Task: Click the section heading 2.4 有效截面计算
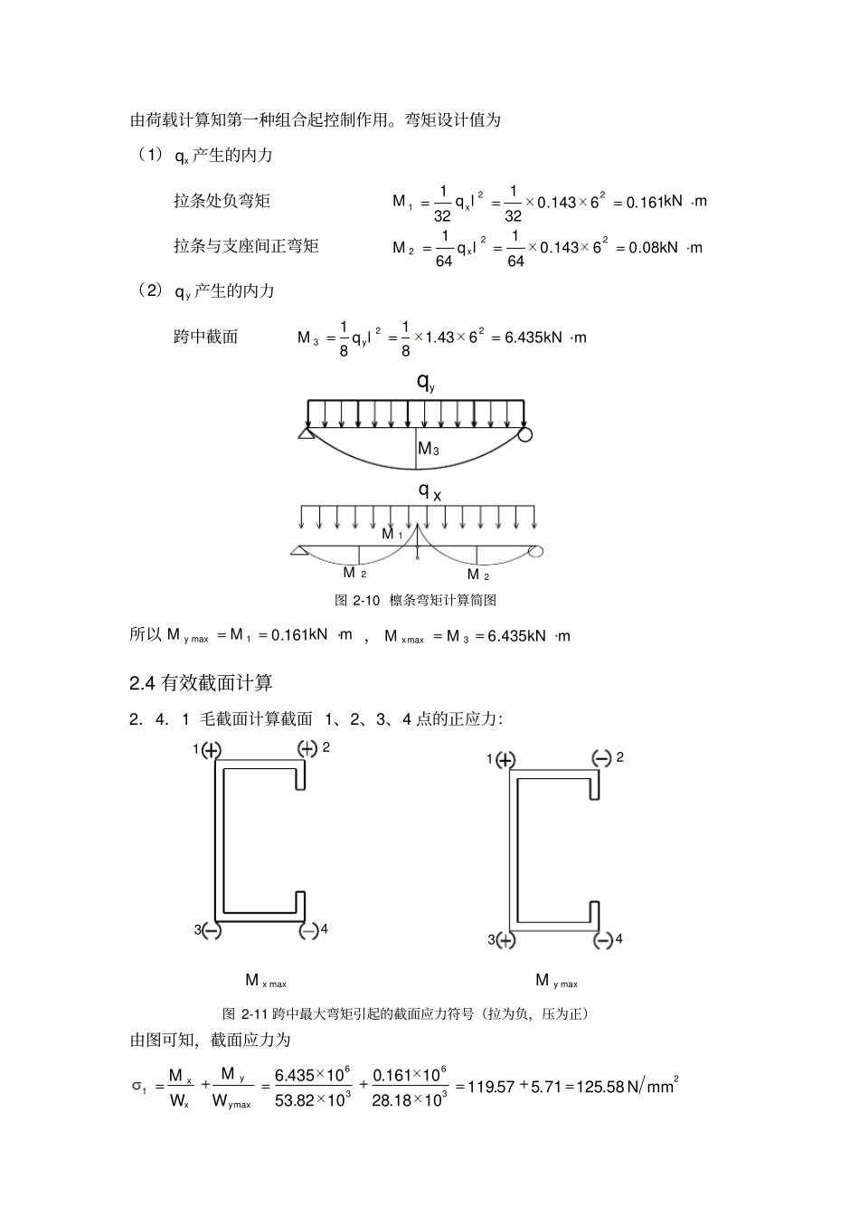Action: click(x=201, y=683)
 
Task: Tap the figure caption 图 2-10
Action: click(x=415, y=600)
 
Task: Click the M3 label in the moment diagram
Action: click(x=429, y=449)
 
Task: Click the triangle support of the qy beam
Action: click(x=306, y=435)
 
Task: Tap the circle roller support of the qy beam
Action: click(x=525, y=435)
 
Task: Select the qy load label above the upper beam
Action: click(x=426, y=382)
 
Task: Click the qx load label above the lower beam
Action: click(x=429, y=491)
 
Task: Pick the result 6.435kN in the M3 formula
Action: click(x=533, y=338)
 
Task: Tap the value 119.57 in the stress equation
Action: click(x=489, y=1087)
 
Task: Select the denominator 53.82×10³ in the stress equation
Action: click(x=313, y=1100)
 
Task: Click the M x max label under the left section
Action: click(x=265, y=981)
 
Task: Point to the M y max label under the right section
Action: click(x=556, y=981)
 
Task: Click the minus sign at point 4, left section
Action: click(x=308, y=929)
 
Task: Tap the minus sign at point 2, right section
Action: click(x=602, y=758)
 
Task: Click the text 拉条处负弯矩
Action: click(x=222, y=201)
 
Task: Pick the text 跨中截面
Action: click(x=205, y=338)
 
